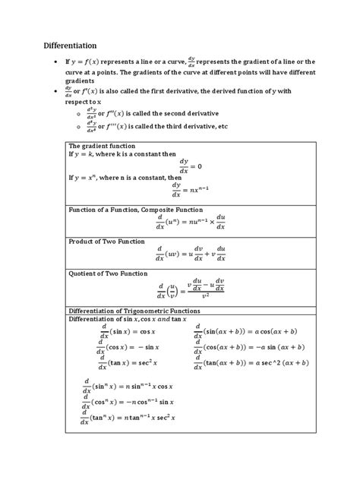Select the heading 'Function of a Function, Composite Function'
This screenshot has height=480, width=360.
click(136, 209)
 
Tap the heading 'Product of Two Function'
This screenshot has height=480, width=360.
click(106, 242)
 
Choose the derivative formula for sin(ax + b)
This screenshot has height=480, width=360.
click(251, 331)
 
